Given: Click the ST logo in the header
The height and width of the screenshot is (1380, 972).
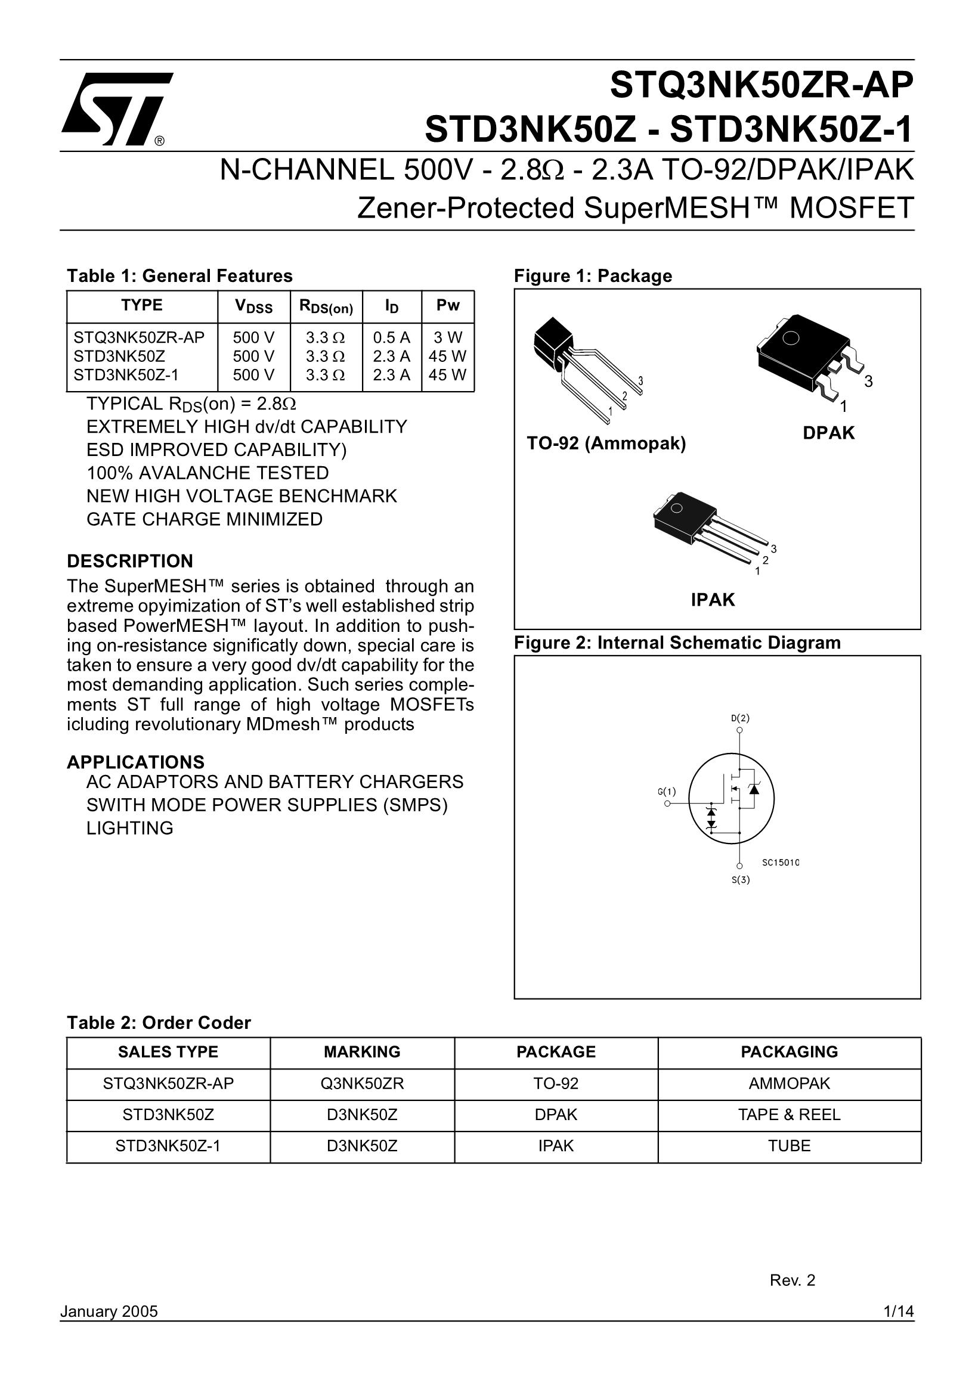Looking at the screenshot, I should (117, 110).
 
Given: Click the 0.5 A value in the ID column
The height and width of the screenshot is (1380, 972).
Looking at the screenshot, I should (391, 338).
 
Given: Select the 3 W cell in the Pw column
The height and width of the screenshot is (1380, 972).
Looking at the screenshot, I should (448, 338).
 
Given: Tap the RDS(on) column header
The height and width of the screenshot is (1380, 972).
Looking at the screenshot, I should (326, 306).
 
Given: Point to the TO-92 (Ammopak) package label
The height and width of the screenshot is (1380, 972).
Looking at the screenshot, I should (606, 444).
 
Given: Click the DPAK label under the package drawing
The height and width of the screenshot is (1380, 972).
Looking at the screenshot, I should (828, 433).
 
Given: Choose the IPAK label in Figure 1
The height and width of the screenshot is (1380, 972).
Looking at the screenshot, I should (713, 600).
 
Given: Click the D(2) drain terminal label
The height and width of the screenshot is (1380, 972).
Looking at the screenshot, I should (740, 718).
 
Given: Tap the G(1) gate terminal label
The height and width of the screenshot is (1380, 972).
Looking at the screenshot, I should (667, 792).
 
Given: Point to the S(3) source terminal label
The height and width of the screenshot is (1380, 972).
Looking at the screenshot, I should (741, 880).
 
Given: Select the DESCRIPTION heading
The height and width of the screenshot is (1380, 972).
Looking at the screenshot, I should (130, 562).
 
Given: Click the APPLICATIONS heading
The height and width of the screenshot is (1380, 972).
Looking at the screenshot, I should (136, 762).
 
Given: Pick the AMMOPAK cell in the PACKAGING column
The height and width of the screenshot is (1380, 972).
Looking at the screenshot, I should (789, 1083).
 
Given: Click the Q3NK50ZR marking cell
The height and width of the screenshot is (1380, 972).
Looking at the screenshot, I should (362, 1083).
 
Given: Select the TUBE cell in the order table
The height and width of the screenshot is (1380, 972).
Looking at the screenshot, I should (789, 1146).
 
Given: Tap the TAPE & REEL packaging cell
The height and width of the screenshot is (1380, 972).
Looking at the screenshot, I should (789, 1114).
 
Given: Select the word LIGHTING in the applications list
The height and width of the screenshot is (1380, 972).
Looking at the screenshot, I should (130, 828).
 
